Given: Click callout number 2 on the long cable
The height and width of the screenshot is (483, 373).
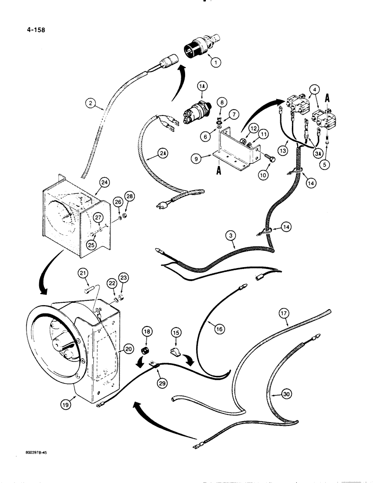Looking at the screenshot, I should (x=89, y=102).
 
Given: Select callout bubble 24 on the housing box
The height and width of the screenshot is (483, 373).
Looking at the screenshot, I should (x=104, y=183).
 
